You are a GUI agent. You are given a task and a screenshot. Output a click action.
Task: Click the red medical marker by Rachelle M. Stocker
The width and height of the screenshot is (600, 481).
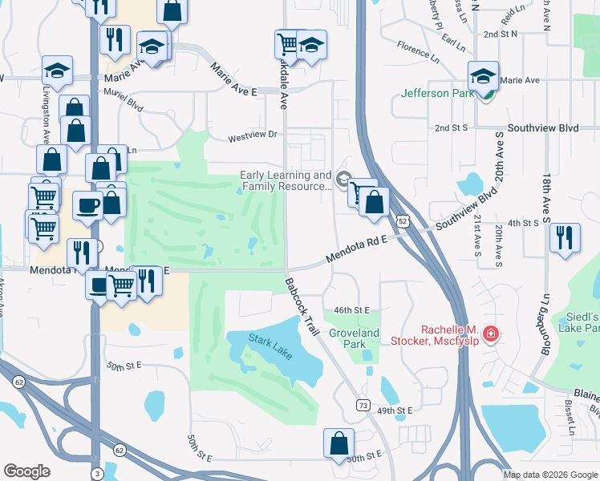pos(490,333)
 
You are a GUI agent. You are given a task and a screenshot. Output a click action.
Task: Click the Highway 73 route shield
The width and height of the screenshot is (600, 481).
pos(363,406)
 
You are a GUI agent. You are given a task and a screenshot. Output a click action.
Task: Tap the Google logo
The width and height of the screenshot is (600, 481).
pos(26,471)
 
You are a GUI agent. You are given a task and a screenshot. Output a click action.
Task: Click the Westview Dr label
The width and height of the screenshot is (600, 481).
pos(251,135)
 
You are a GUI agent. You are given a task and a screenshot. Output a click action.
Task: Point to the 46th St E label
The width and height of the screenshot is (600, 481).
pos(351,309)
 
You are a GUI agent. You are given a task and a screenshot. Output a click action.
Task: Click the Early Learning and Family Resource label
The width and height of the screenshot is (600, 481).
pos(286,180)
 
